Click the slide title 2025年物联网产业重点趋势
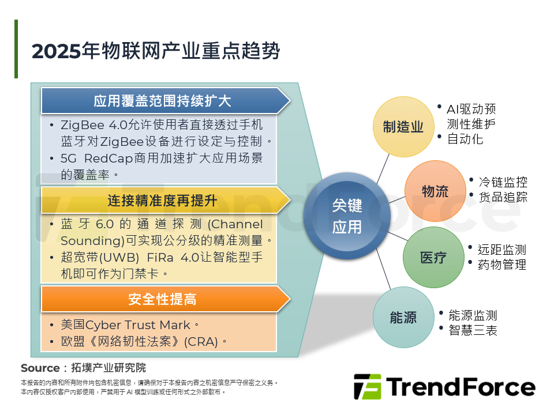pos(156,51)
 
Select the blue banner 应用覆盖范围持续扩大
pos(162,101)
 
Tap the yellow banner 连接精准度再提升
pos(162,201)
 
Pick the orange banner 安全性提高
pos(162,299)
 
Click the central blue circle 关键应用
pos(347,216)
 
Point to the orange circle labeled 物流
pos(435,191)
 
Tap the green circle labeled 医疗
pos(433,257)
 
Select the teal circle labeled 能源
pos(403,318)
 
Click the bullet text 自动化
pos(465,139)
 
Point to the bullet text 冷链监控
pos(503,182)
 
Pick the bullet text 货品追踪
pos(503,197)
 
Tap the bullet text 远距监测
pos(502,250)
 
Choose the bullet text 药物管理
pos(502,265)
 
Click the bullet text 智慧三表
pos(473,330)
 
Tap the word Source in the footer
pos(40,368)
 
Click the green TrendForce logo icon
pos(368,387)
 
